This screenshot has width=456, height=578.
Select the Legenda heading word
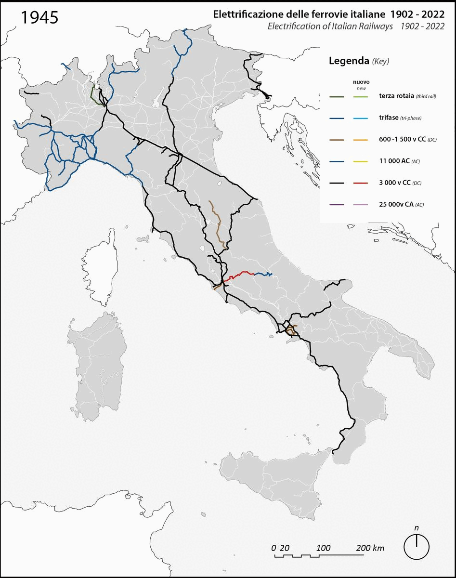(348, 61)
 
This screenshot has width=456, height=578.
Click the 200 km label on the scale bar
(370, 548)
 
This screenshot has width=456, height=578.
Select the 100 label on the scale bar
(324, 548)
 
